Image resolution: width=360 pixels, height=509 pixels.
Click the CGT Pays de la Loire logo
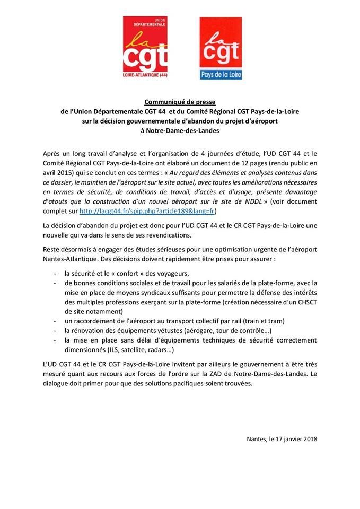[221, 48]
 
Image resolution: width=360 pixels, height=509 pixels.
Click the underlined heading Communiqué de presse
[179, 102]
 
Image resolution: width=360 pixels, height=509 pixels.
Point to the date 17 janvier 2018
[295, 439]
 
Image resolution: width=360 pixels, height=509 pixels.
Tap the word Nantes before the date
[257, 439]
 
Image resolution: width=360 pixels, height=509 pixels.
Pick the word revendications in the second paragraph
[175, 235]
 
